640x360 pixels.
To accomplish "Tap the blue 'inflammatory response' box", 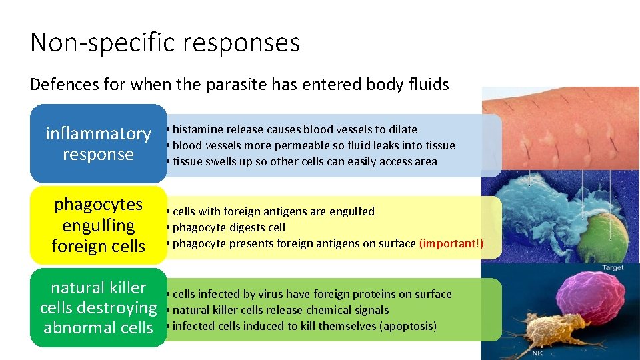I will [x=98, y=143].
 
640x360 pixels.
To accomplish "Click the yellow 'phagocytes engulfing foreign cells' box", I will [x=98, y=225].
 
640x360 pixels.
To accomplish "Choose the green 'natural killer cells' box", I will [x=98, y=307].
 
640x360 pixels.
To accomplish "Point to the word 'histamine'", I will [x=198, y=129].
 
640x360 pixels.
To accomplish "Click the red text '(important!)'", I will [x=451, y=243].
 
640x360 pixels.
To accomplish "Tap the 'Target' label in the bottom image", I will [x=611, y=267].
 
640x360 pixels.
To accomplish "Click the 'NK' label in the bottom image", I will [x=537, y=353].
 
